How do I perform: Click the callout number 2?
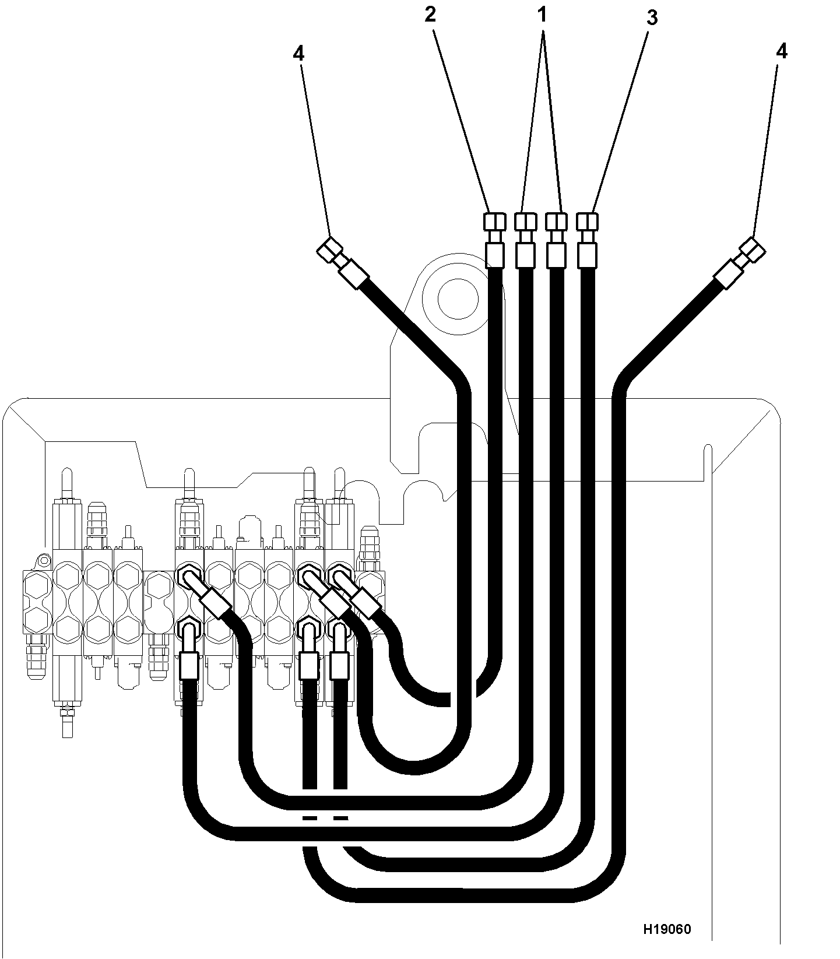(x=430, y=15)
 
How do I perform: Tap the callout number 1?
(x=543, y=15)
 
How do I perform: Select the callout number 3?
(x=652, y=18)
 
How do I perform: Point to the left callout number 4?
(x=298, y=53)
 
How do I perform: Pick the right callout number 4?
(x=782, y=51)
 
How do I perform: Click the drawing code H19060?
(x=667, y=929)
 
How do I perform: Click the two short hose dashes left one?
(x=310, y=819)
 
